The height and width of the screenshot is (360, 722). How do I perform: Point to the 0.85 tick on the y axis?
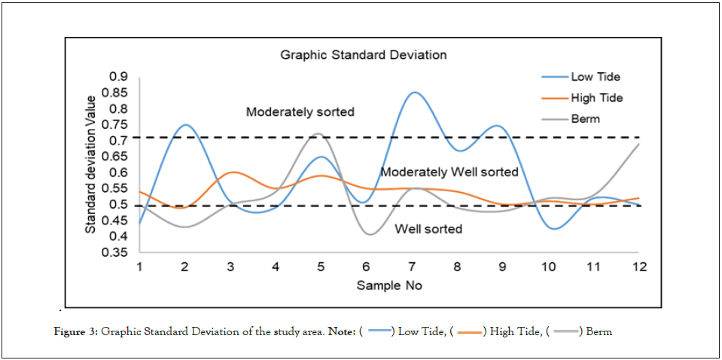[117, 93]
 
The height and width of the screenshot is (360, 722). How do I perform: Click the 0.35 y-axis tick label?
[117, 252]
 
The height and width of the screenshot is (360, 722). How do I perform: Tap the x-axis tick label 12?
[639, 267]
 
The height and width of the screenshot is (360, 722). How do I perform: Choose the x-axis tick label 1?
[140, 267]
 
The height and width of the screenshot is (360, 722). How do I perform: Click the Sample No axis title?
[389, 286]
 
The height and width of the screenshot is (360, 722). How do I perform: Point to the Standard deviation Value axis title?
[90, 163]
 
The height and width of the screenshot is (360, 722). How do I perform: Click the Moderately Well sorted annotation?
[449, 172]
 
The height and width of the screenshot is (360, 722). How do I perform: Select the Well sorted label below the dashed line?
[428, 229]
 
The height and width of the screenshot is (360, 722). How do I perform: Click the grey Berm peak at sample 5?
[319, 133]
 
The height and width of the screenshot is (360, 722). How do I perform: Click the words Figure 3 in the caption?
[78, 332]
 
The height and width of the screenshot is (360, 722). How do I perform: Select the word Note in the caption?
[343, 332]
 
